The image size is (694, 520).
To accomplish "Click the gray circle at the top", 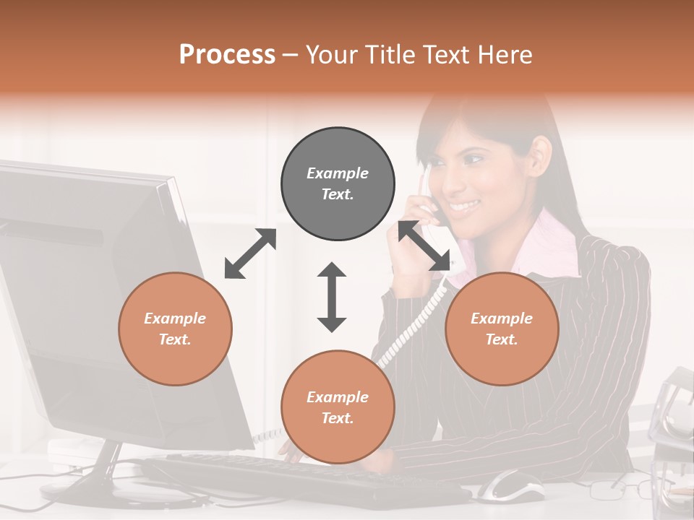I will (x=338, y=183).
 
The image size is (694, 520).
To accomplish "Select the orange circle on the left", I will (x=175, y=329).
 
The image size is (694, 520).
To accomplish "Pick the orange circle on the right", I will (x=501, y=329).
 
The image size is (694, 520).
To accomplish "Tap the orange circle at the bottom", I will (x=338, y=407).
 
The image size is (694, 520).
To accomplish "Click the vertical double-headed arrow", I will (x=332, y=297).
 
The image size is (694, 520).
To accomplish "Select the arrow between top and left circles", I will (x=250, y=253).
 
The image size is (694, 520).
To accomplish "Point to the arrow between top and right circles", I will (x=425, y=246).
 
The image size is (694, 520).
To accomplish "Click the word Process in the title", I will (x=227, y=54).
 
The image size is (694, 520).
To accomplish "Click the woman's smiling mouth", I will (x=464, y=206).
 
